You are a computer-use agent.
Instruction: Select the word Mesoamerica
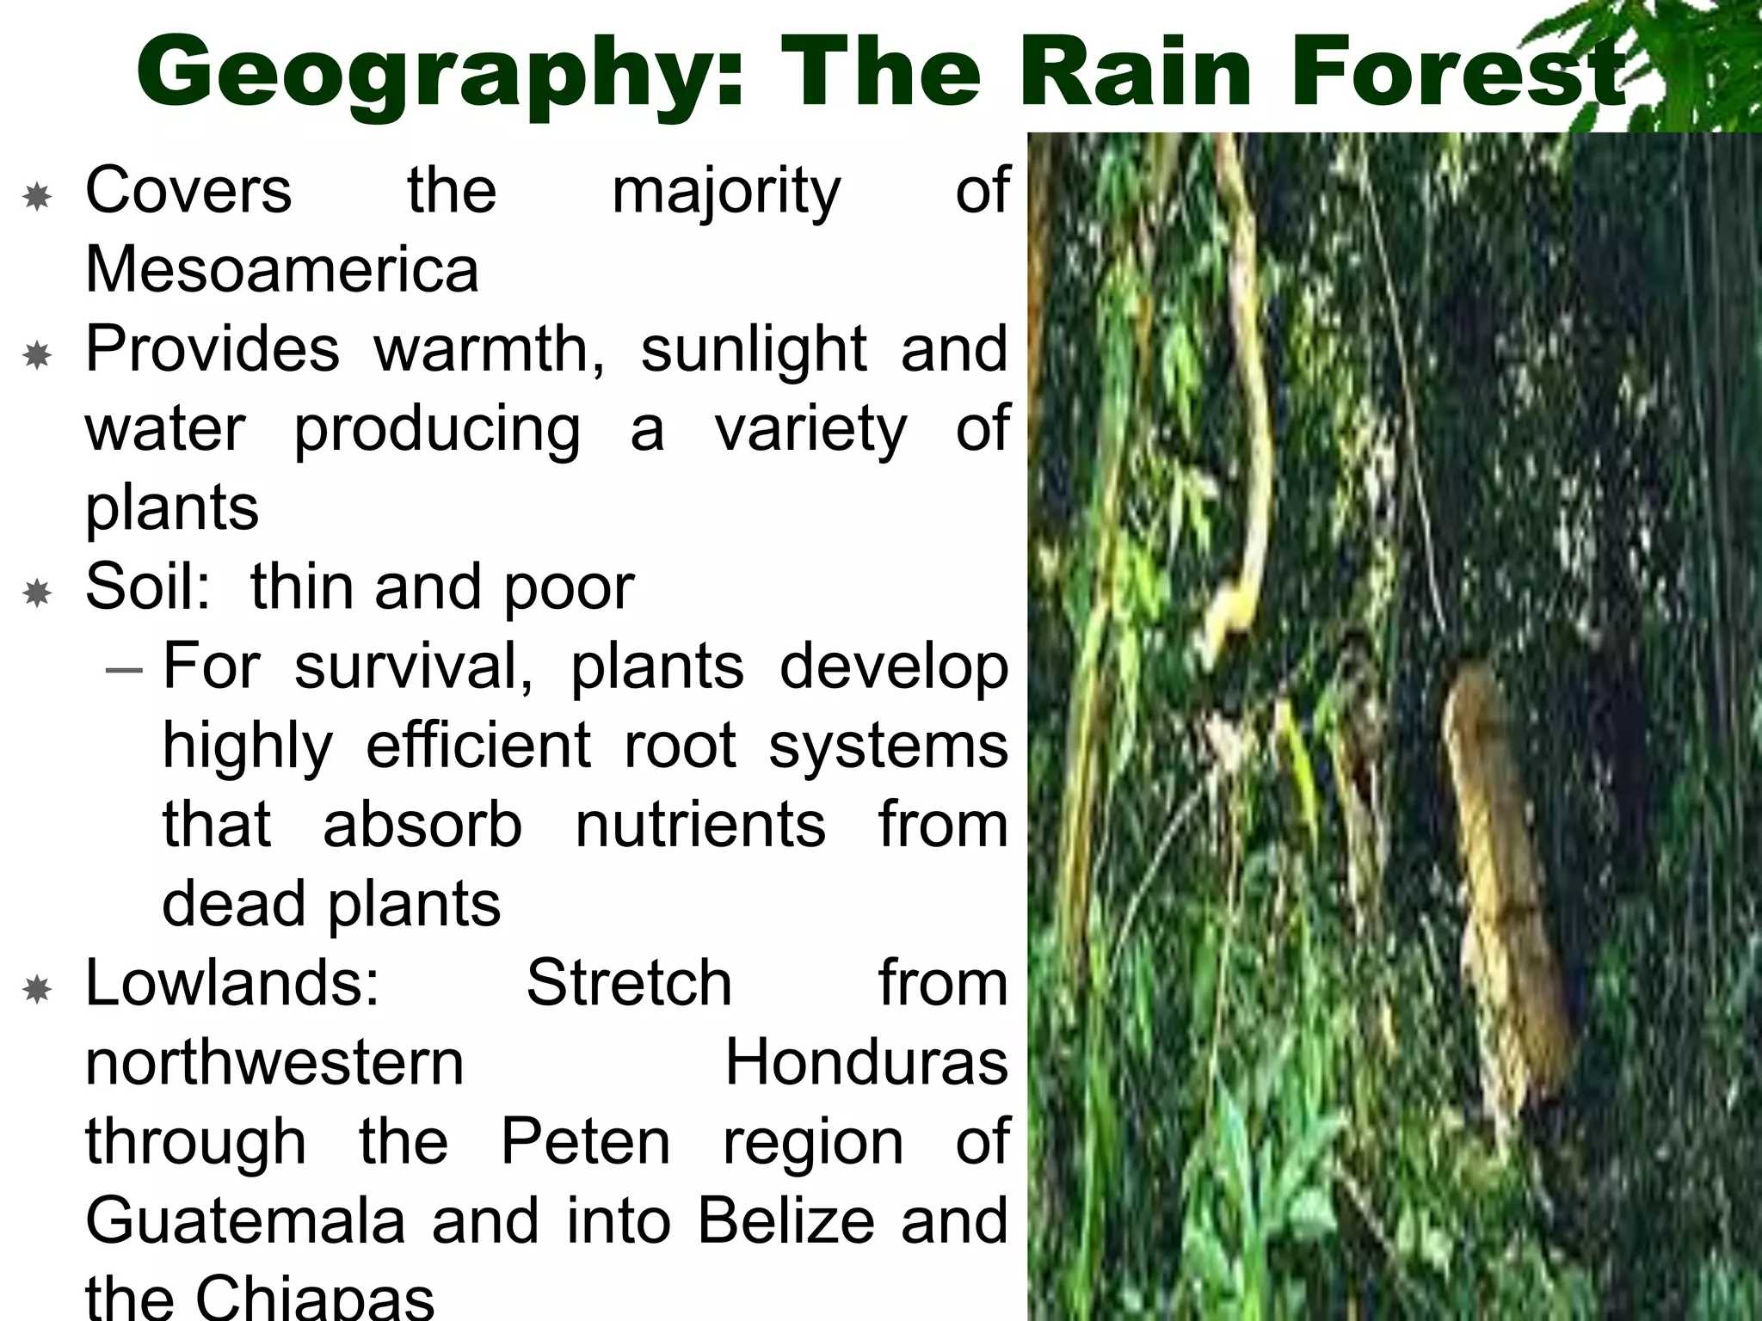[281, 270]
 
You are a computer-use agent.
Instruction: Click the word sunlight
[754, 350]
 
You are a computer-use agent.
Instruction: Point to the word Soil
[147, 587]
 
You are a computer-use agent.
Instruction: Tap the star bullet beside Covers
[37, 198]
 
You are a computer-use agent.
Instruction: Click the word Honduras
[866, 1063]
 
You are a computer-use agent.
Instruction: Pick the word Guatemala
[245, 1221]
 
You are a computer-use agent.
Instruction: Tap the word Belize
[785, 1221]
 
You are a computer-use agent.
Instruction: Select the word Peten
[585, 1142]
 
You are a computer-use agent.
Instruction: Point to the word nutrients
[700, 825]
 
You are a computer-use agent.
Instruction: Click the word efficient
[478, 746]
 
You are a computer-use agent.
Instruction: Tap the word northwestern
[274, 1063]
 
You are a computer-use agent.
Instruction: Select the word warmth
[489, 350]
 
